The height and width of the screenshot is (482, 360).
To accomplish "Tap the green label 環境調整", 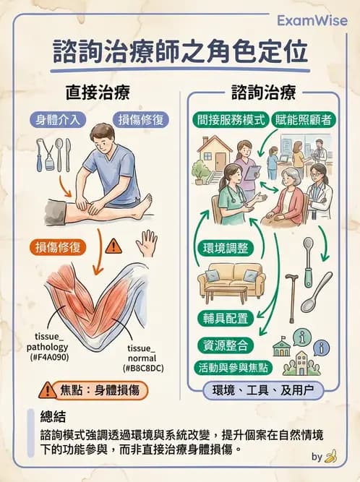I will point(223,249).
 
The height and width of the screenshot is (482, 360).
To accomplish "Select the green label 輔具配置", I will point(223,318).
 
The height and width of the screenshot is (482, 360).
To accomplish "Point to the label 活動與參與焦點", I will point(233,367).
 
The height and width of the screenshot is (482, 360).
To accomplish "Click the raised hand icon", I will point(150,242).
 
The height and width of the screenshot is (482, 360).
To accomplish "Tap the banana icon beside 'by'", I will point(331,457).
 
